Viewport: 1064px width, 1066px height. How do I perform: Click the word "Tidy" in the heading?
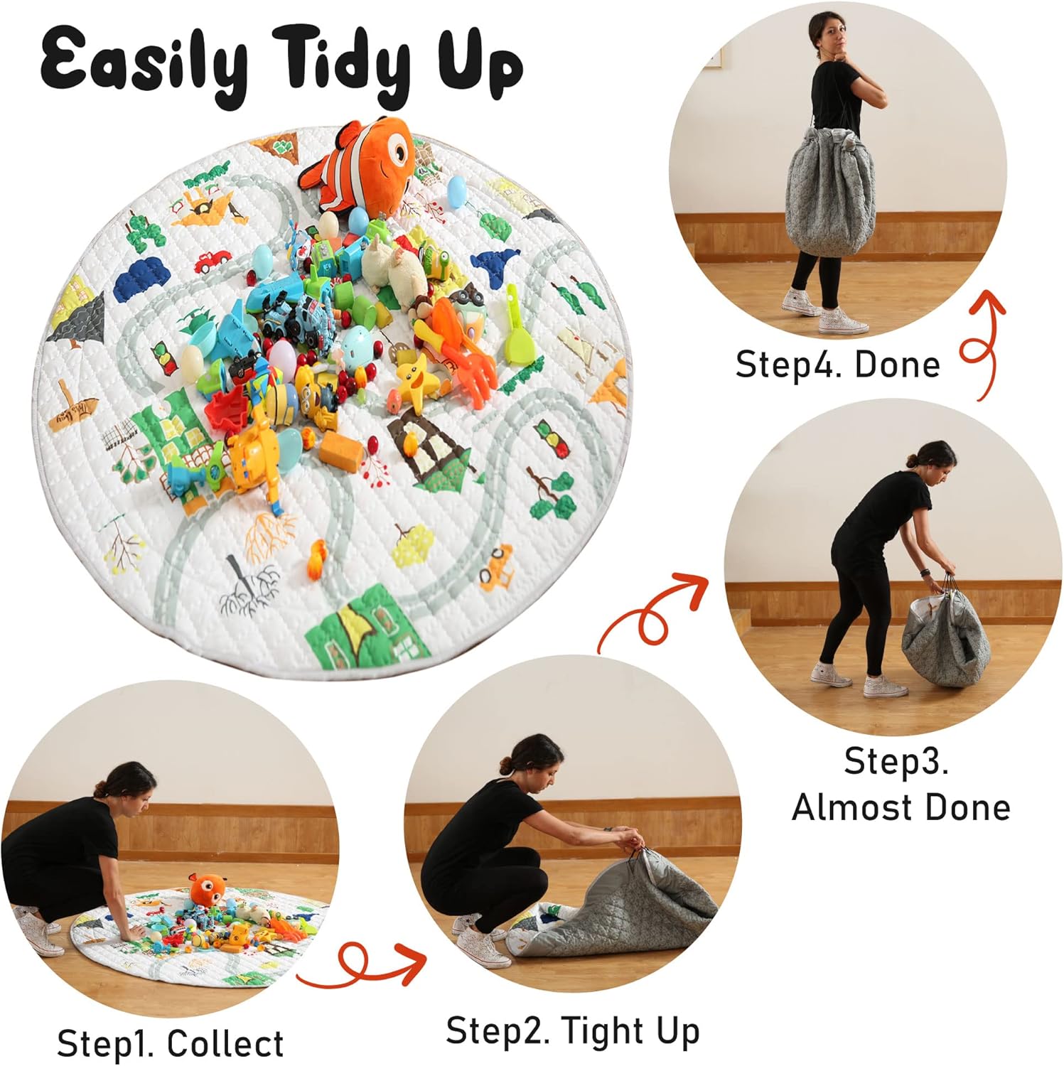click(x=345, y=64)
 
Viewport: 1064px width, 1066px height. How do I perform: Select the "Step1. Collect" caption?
click(x=170, y=1043)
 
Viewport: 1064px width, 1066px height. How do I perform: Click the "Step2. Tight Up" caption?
click(x=572, y=1030)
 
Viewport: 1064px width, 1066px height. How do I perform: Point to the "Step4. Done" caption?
click(x=837, y=365)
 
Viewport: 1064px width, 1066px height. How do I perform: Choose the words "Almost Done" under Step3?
click(x=901, y=807)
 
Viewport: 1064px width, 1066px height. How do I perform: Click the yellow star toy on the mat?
click(x=414, y=375)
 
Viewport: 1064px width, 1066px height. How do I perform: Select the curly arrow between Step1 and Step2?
click(x=362, y=965)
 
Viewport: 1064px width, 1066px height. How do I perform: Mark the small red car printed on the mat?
click(x=211, y=261)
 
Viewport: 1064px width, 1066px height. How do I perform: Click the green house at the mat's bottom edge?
click(x=366, y=629)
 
